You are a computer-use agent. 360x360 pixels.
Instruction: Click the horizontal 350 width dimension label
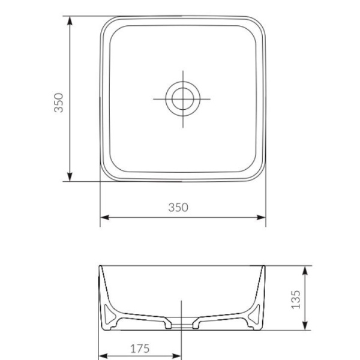178,207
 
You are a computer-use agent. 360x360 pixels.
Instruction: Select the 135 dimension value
295,298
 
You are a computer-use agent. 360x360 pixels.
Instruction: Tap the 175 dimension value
139,348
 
